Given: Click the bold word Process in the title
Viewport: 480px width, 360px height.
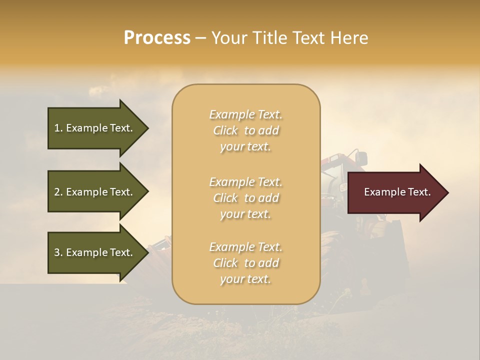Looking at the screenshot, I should pyautogui.click(x=157, y=38).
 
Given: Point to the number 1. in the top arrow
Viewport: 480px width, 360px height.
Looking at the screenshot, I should pyautogui.click(x=58, y=128).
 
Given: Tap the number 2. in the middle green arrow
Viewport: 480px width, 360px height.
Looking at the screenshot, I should pyautogui.click(x=58, y=192).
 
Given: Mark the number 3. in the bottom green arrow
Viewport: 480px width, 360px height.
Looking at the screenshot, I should pyautogui.click(x=58, y=252).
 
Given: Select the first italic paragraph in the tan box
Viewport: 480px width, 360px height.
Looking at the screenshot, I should pyautogui.click(x=245, y=130).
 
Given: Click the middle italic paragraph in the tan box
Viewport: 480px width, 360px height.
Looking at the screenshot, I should pyautogui.click(x=245, y=198).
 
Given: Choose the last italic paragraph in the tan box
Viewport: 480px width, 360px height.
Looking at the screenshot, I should pyautogui.click(x=245, y=263).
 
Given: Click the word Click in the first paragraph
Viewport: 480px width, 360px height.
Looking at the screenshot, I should pyautogui.click(x=225, y=130).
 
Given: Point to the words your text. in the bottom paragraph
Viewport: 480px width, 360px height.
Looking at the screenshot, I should pyautogui.click(x=245, y=279).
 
